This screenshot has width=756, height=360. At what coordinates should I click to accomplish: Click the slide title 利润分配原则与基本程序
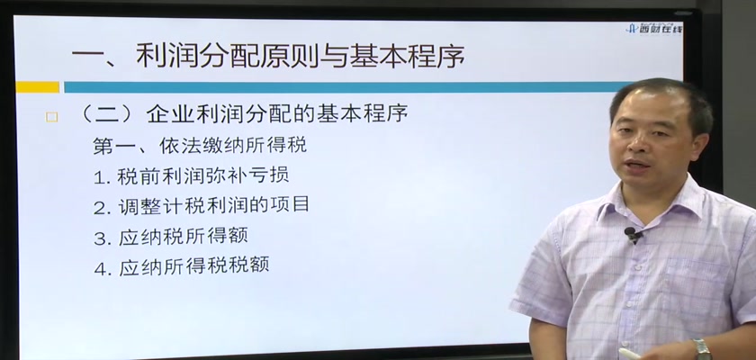300,57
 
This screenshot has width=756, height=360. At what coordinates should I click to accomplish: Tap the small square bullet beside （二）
51,117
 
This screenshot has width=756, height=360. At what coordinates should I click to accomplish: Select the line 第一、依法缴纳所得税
200,145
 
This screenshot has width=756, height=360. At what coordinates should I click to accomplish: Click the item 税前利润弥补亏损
203,175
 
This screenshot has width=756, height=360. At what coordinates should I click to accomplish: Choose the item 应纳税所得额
184,236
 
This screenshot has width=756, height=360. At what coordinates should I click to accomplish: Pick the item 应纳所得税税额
193,266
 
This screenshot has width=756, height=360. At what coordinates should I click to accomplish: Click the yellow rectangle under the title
38,87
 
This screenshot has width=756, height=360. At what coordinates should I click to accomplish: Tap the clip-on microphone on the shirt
632,234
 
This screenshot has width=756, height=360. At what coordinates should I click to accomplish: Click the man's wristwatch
702,349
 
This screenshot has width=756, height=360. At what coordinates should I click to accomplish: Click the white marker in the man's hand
629,354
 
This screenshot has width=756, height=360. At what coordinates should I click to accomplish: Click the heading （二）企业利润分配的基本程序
245,114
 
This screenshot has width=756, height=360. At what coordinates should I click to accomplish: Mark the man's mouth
637,165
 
